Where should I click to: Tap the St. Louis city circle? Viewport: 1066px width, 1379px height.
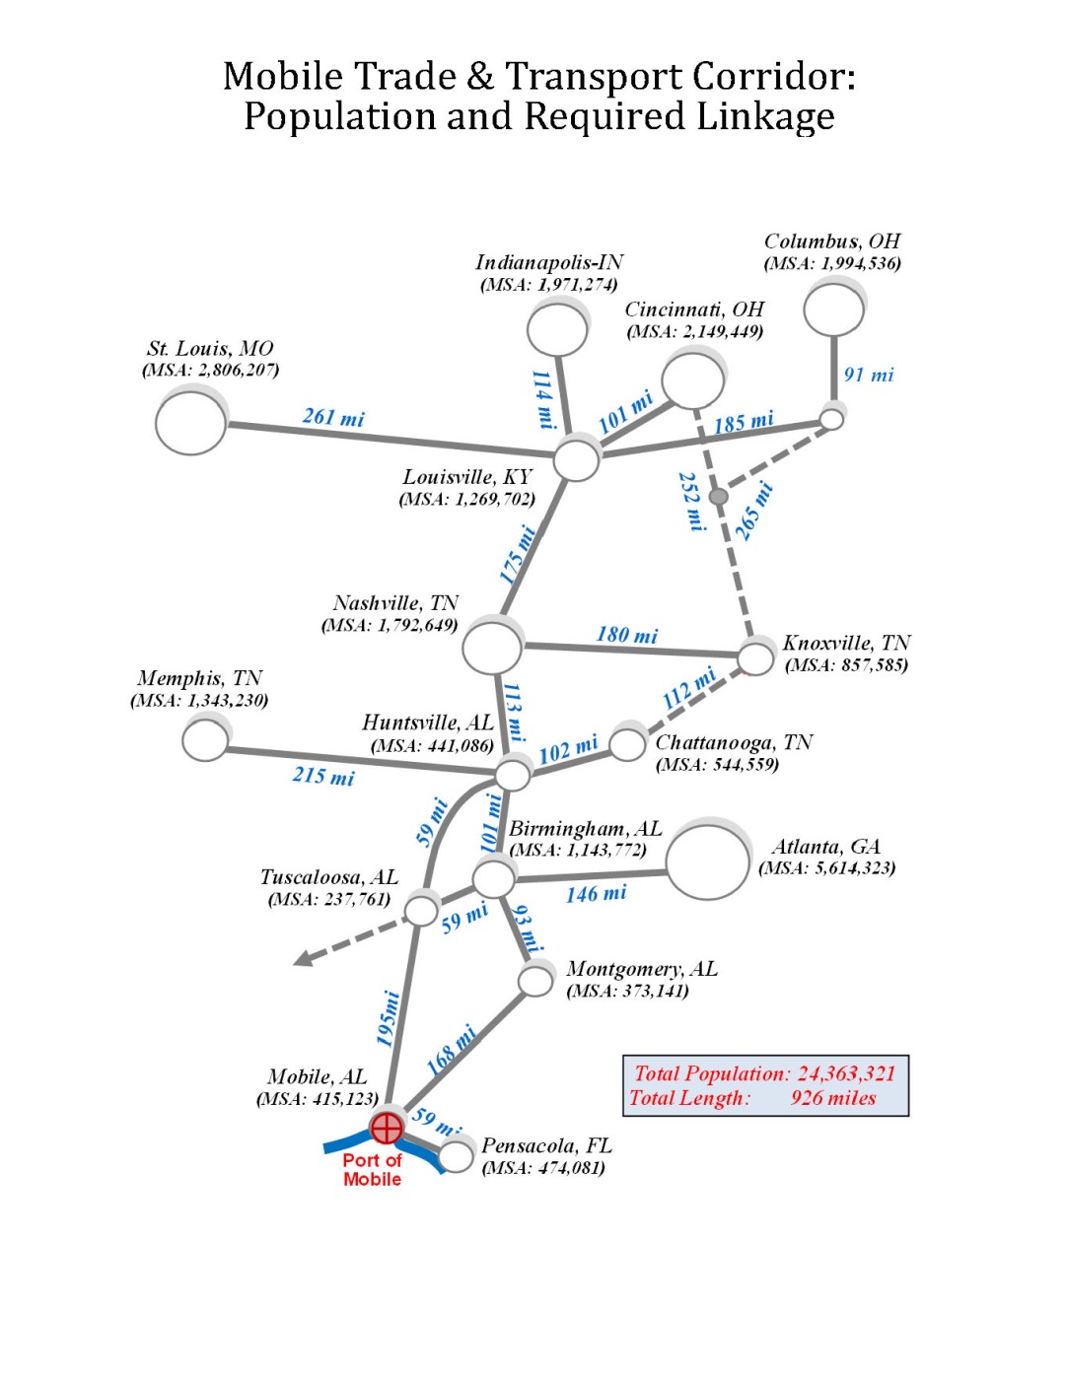click(x=191, y=421)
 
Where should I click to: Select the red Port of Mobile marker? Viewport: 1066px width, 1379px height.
click(x=387, y=1127)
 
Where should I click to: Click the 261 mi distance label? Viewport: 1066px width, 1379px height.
click(x=333, y=417)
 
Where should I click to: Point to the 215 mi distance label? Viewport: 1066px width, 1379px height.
click(x=323, y=776)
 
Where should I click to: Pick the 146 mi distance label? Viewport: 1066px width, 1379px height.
click(x=597, y=894)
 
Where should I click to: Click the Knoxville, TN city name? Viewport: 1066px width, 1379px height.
click(x=846, y=643)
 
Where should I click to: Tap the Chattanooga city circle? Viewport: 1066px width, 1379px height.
click(x=628, y=744)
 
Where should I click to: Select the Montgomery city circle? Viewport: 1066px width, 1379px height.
click(x=536, y=981)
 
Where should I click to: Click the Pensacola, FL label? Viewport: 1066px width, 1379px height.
click(x=546, y=1145)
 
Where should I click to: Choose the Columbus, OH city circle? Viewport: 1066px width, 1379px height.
click(x=833, y=309)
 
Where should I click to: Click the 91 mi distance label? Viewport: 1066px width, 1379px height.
click(x=868, y=375)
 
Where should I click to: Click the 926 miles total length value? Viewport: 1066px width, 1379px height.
click(x=832, y=1098)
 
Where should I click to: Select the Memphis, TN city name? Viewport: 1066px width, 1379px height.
click(x=199, y=678)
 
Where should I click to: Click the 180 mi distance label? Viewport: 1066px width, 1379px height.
click(x=627, y=635)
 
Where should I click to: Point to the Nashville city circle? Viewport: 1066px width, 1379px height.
click(x=492, y=647)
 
